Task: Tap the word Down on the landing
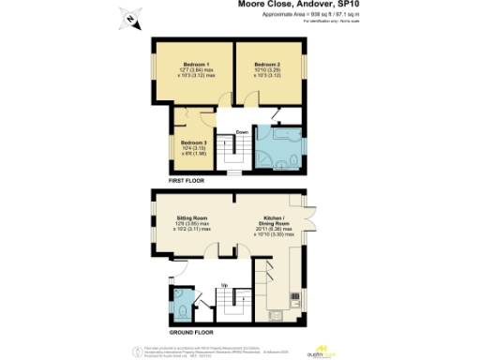click(x=242, y=131)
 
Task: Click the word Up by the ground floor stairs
click(x=225, y=284)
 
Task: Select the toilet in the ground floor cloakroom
click(x=180, y=306)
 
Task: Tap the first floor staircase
click(x=226, y=150)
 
